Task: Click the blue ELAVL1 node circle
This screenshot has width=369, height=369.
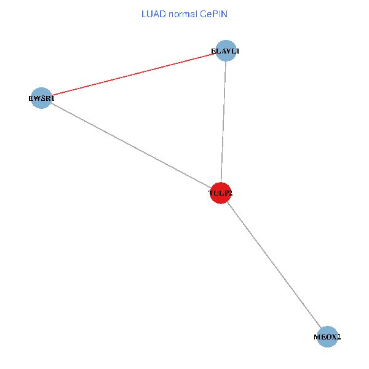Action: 226,47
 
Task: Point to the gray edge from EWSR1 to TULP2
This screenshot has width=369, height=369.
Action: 129,144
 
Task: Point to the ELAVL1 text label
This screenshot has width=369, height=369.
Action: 225,51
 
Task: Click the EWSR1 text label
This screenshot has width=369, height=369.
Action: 42,98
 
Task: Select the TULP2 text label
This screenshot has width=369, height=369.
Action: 221,193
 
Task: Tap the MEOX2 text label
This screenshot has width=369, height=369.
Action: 327,337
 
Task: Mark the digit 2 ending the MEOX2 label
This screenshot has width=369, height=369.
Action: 338,337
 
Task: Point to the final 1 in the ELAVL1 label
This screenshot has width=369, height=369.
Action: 237,51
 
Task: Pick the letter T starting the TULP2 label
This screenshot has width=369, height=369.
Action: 211,193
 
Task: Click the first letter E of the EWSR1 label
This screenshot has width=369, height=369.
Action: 32,98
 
